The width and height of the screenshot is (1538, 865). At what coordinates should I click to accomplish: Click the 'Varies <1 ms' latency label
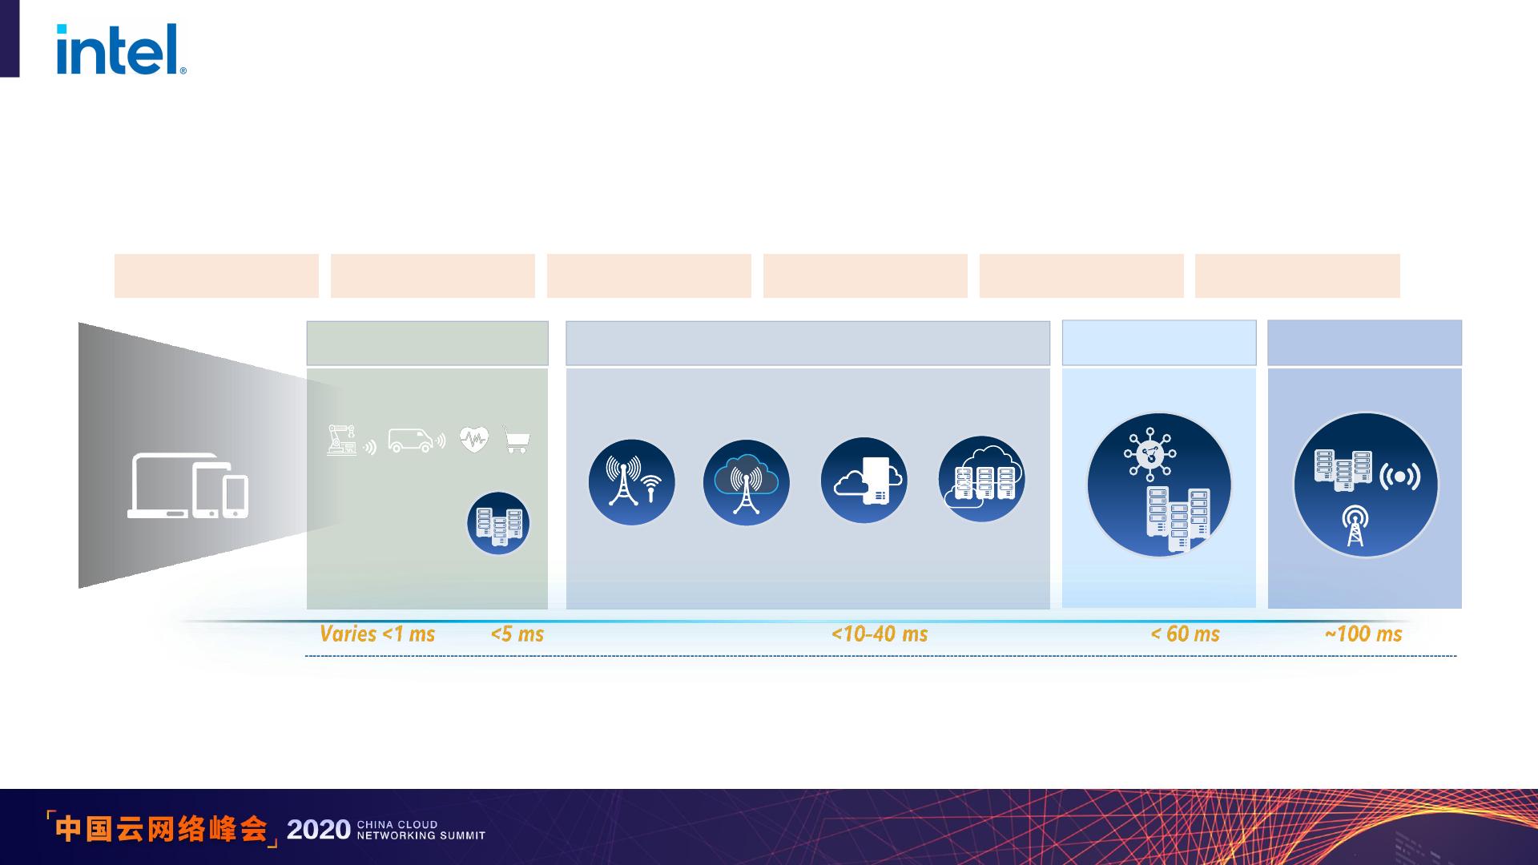tap(377, 634)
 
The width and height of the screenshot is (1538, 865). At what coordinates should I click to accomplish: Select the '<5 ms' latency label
tap(517, 634)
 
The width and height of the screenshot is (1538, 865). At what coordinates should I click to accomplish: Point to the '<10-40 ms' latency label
tap(880, 634)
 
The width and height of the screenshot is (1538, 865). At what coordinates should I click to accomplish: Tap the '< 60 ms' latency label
tap(1186, 634)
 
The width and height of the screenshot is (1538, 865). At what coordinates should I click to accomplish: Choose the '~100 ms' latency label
tap(1363, 634)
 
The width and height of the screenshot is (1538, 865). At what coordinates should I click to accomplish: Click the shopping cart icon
tap(517, 440)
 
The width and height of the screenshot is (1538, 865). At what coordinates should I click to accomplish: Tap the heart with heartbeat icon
tap(474, 439)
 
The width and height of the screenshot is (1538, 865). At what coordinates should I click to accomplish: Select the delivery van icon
tap(417, 440)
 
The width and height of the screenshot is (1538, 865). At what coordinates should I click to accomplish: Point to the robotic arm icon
tap(342, 440)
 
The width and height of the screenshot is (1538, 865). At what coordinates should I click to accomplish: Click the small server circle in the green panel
tap(498, 523)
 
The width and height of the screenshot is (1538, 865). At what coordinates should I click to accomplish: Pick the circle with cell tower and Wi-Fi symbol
tap(631, 482)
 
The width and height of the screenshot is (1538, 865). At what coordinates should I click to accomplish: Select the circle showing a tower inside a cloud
tap(746, 482)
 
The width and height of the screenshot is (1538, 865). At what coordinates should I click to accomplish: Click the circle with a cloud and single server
tap(864, 481)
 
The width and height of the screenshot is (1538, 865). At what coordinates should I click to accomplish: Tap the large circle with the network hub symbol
tap(1158, 485)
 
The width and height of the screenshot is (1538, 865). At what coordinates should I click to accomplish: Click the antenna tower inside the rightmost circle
tap(1355, 525)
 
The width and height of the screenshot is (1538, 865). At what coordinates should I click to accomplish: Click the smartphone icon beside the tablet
tap(236, 497)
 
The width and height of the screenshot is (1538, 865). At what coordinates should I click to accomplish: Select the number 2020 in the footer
tap(318, 830)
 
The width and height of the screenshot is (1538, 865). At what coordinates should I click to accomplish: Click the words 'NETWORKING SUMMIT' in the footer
tap(421, 835)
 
